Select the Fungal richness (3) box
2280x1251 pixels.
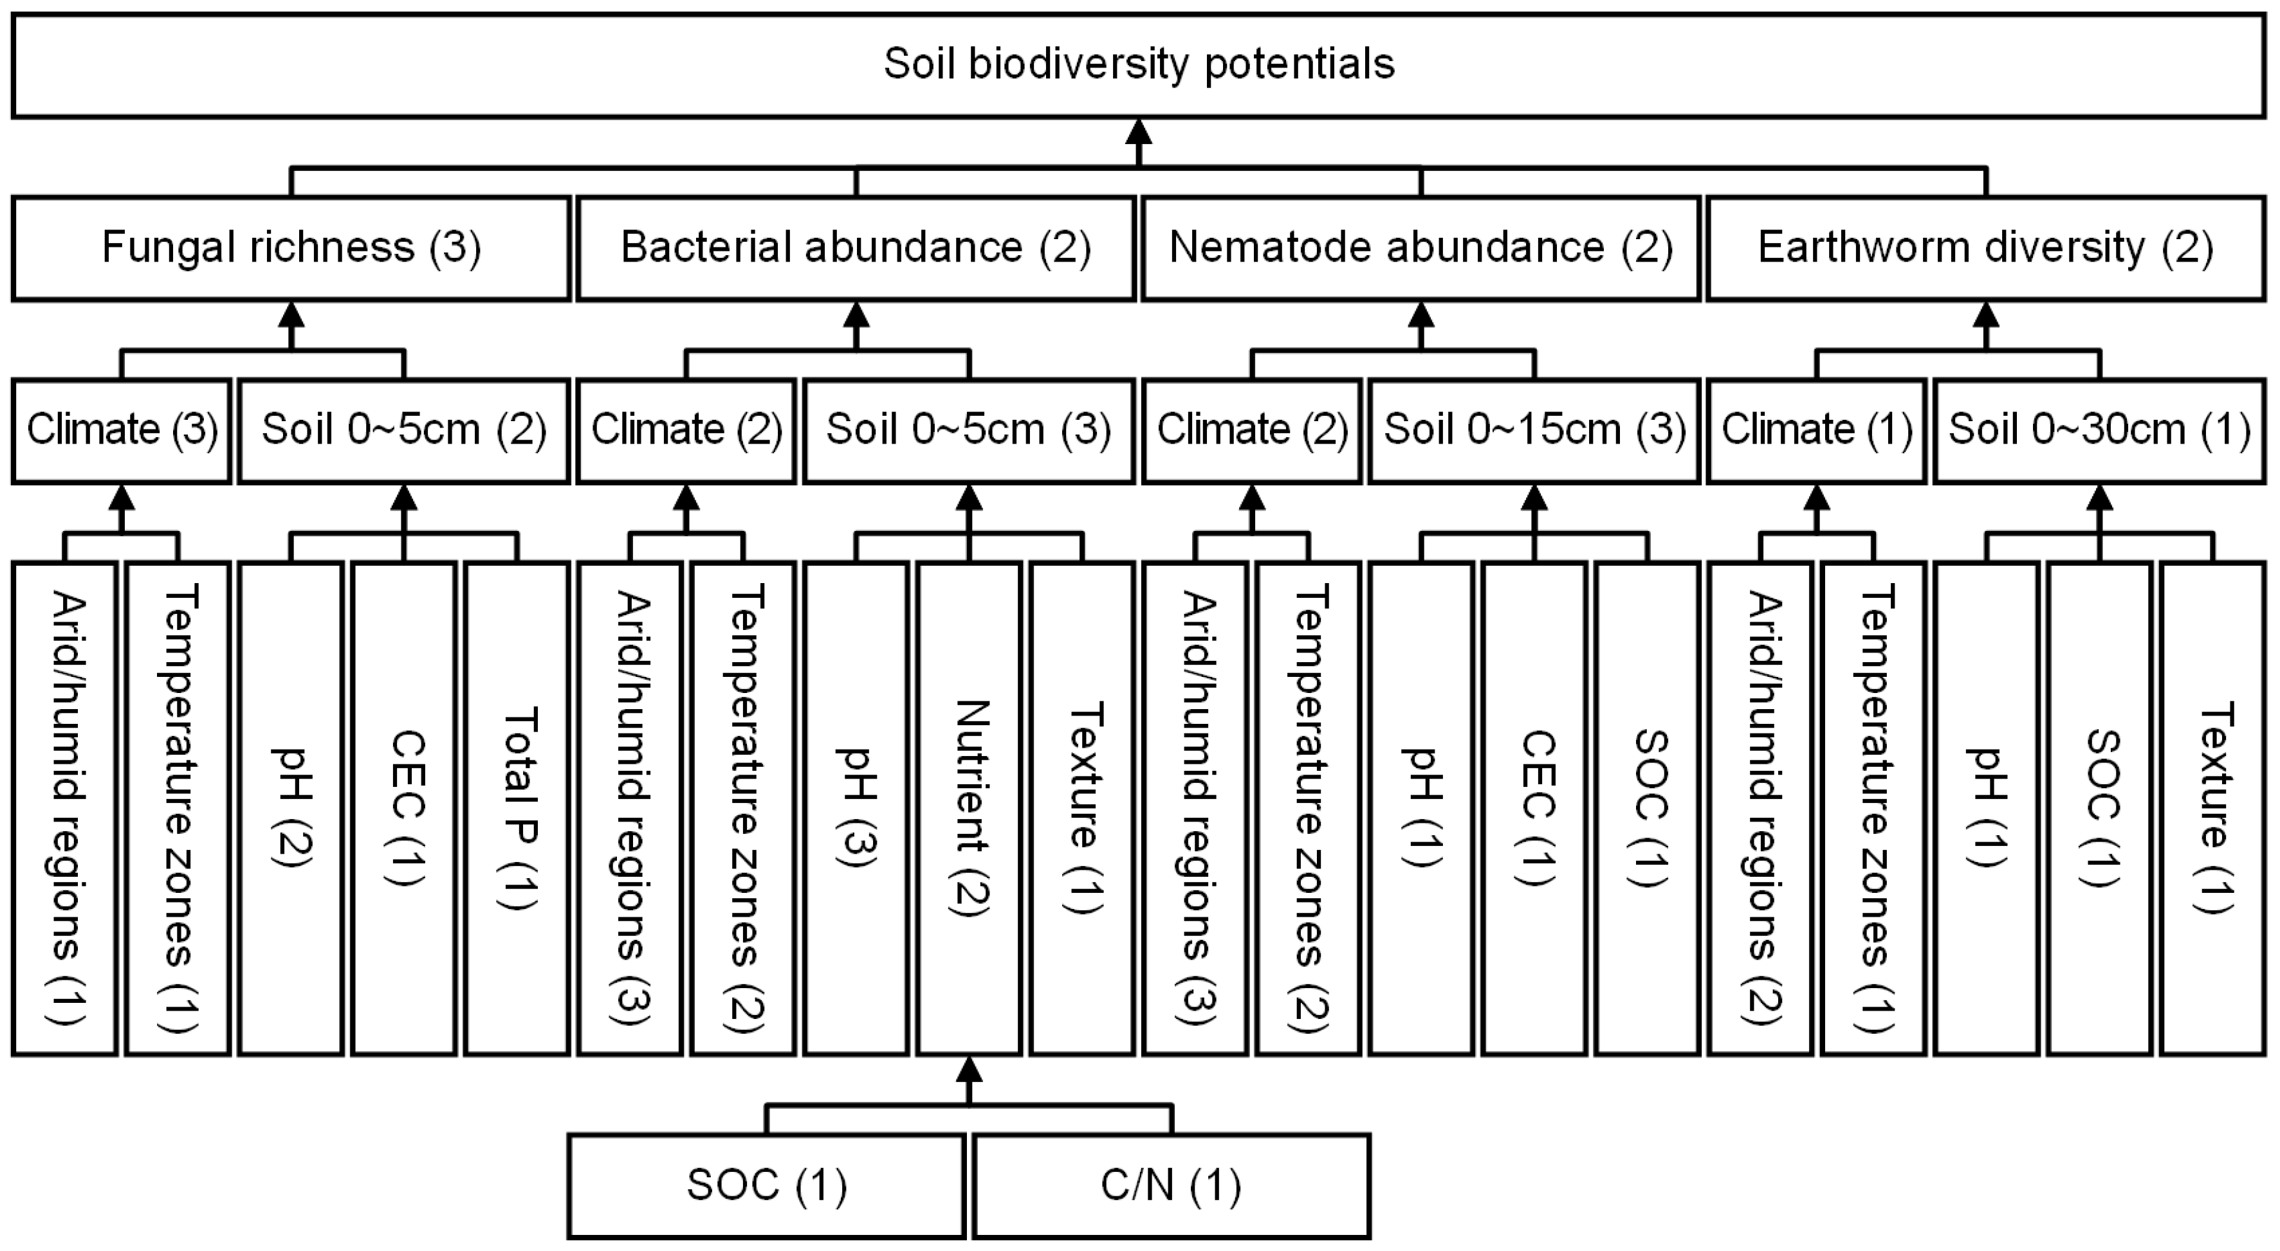[x=291, y=248]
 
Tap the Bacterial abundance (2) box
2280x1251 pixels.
[x=856, y=248]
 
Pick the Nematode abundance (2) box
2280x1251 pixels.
[x=1420, y=248]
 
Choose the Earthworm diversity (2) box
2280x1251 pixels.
[x=1985, y=248]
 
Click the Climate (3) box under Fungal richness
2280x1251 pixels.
[x=122, y=431]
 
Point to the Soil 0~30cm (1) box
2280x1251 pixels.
[x=2099, y=431]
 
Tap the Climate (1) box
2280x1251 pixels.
[x=1816, y=431]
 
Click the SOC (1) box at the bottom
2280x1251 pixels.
[x=766, y=1185]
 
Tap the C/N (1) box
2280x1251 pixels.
[x=1171, y=1185]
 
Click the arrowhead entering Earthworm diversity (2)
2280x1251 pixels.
[x=1986, y=315]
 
